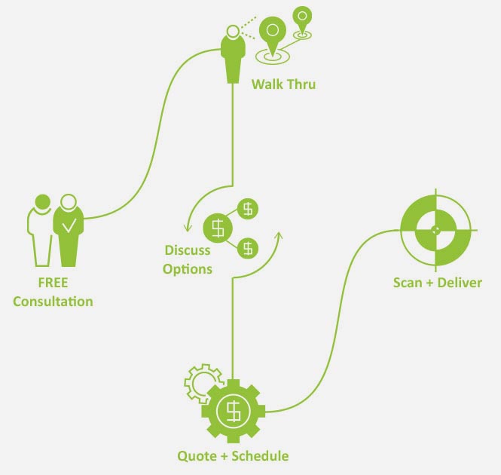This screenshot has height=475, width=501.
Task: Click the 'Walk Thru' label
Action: (283, 84)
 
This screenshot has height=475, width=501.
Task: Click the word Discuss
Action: (188, 251)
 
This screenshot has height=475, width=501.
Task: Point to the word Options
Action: (188, 268)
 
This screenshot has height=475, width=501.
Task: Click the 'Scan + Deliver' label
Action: (437, 283)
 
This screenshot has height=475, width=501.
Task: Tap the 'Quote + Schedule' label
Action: (233, 455)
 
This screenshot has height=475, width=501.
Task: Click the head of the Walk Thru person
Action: (232, 32)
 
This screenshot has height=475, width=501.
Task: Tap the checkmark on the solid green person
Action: (69, 225)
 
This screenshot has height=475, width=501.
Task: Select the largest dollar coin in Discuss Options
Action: (218, 227)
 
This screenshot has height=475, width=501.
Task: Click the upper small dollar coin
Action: (248, 207)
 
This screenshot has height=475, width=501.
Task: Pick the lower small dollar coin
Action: (248, 247)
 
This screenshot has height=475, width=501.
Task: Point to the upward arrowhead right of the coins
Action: (279, 235)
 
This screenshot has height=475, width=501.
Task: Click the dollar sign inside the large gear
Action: (234, 411)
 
